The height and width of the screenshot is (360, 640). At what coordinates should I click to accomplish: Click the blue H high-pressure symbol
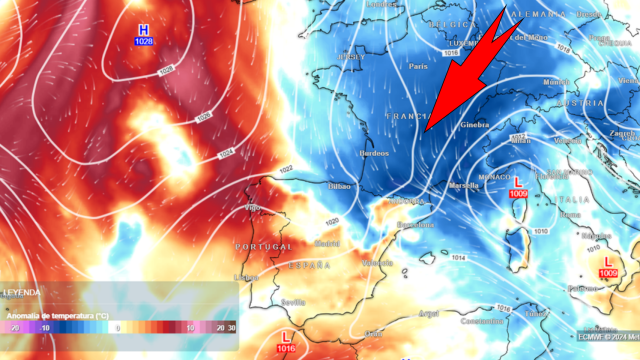click(x=144, y=30)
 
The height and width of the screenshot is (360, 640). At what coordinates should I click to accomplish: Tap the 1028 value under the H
click(x=144, y=43)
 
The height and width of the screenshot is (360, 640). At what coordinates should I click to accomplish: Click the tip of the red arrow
click(x=425, y=131)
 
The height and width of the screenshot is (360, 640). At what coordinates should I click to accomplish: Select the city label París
click(x=418, y=66)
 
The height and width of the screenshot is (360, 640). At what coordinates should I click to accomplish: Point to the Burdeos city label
click(x=374, y=154)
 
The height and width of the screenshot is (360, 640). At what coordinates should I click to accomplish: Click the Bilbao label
click(x=341, y=186)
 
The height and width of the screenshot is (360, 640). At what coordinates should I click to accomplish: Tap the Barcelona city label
click(x=415, y=225)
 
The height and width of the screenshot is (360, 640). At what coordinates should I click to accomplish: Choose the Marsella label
click(x=465, y=186)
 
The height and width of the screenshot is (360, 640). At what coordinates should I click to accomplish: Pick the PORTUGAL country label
click(x=262, y=246)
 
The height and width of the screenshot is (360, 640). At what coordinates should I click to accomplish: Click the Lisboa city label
click(x=246, y=277)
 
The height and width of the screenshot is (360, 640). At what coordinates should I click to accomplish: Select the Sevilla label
click(x=293, y=301)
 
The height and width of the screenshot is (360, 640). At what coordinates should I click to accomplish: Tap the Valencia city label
click(x=376, y=262)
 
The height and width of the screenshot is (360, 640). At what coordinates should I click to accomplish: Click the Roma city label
click(x=570, y=214)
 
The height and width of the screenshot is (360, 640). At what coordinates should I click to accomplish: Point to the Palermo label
click(x=582, y=288)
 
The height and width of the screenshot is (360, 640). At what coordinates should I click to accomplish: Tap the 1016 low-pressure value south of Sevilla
click(x=288, y=349)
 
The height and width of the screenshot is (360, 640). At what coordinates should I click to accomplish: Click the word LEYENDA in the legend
click(x=22, y=292)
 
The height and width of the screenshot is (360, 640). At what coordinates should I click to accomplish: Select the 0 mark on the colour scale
click(x=116, y=327)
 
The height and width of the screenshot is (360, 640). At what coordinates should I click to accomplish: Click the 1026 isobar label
click(x=166, y=69)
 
